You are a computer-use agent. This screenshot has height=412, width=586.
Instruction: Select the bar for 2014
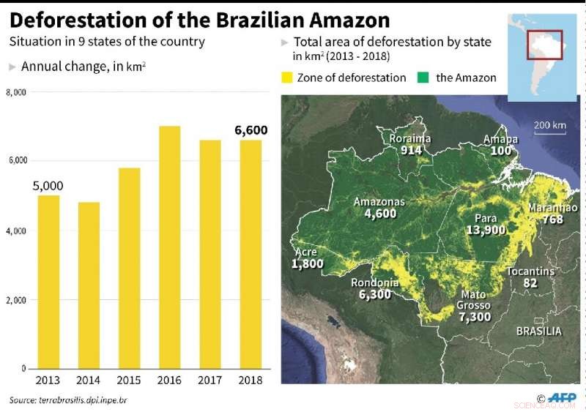click(x=89, y=285)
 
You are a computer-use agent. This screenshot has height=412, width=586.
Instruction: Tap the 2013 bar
click(x=48, y=282)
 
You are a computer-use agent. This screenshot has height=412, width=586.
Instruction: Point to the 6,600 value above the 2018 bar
click(x=251, y=130)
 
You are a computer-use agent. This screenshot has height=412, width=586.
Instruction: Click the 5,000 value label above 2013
click(x=48, y=186)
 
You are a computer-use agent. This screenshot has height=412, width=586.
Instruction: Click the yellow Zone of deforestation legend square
click(x=286, y=78)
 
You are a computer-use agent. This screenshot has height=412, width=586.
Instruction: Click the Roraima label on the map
click(x=409, y=138)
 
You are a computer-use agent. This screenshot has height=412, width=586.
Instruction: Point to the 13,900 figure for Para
click(x=486, y=230)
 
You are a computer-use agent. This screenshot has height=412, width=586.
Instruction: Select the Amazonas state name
click(x=379, y=202)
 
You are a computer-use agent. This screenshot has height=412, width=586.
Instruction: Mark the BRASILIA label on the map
click(x=538, y=332)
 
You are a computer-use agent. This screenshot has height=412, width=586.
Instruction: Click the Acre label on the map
click(x=306, y=252)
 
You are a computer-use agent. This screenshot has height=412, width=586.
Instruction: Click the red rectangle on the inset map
click(x=544, y=45)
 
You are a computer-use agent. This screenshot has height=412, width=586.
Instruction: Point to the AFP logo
click(x=561, y=398)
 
